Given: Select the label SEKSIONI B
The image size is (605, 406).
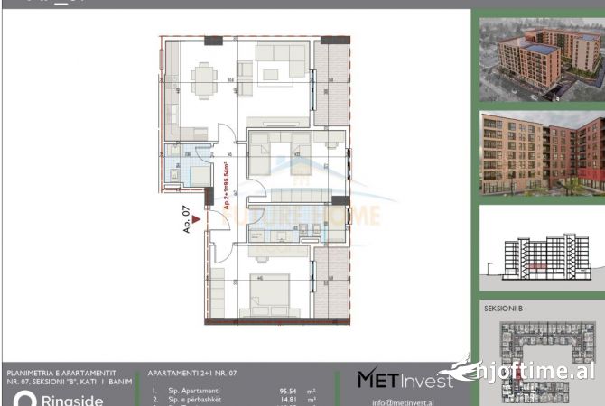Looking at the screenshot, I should point(504,309).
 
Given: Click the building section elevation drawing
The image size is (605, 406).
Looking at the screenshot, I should point(540,253).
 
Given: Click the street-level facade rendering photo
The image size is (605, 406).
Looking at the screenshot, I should point(540,153).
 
